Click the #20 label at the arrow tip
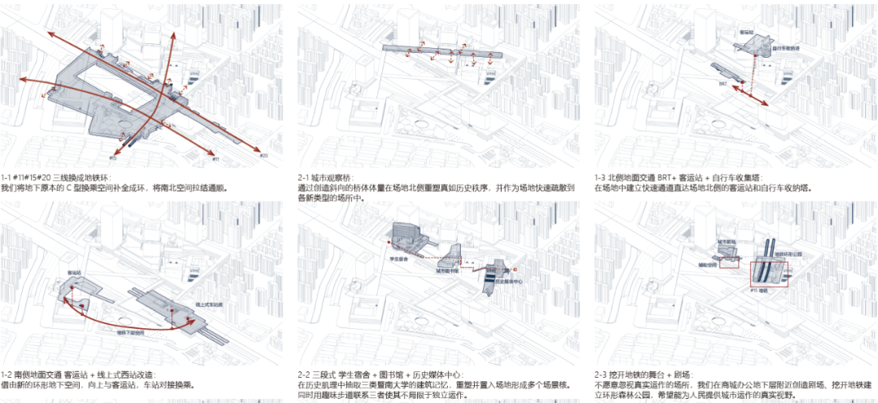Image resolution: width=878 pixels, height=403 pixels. (x=263, y=154)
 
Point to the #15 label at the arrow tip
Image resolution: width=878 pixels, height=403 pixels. (x=113, y=158)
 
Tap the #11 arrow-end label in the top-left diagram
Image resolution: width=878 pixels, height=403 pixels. (x=215, y=149)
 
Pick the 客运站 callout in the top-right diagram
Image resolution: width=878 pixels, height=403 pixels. (x=745, y=32)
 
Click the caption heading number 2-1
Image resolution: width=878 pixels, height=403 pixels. (x=305, y=177)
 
